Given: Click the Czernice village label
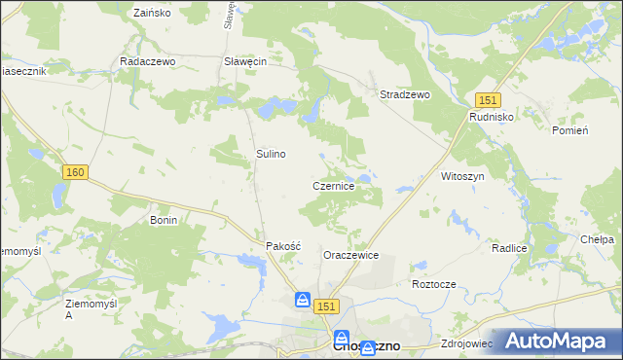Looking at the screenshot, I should (x=340, y=185).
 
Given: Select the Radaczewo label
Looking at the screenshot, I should (x=146, y=60).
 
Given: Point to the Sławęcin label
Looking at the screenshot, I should (x=245, y=60).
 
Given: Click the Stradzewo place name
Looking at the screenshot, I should (x=404, y=94).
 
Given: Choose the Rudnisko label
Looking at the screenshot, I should (x=492, y=116).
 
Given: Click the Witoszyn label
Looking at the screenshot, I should (x=462, y=176).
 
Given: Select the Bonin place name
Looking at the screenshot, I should (x=163, y=221).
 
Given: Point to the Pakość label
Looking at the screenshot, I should (x=284, y=246).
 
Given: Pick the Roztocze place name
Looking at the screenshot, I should (x=434, y=284).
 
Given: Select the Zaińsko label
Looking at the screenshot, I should (x=151, y=14).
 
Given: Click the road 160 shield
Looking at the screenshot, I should (x=76, y=172).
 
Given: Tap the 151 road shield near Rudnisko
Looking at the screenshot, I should (x=488, y=99).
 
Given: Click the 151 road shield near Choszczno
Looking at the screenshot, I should (x=326, y=306).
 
